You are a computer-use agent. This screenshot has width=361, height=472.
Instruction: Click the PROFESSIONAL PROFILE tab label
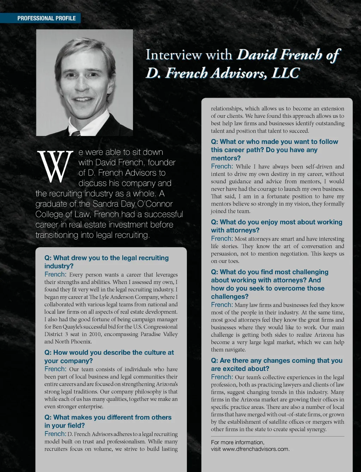(47, 18)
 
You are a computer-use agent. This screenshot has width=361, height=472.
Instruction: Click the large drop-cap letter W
(55, 166)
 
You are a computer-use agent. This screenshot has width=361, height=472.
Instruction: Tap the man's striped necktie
(76, 134)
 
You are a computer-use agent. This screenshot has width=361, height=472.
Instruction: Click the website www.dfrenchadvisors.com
(256, 449)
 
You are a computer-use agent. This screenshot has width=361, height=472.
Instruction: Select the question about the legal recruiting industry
(106, 262)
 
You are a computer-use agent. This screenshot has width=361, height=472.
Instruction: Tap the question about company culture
(109, 356)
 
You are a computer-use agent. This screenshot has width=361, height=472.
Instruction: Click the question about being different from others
(108, 421)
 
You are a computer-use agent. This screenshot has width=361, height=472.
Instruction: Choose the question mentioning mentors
(274, 150)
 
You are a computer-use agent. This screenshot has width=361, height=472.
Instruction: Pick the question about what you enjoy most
(276, 226)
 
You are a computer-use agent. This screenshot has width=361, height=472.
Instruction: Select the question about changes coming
(276, 364)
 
